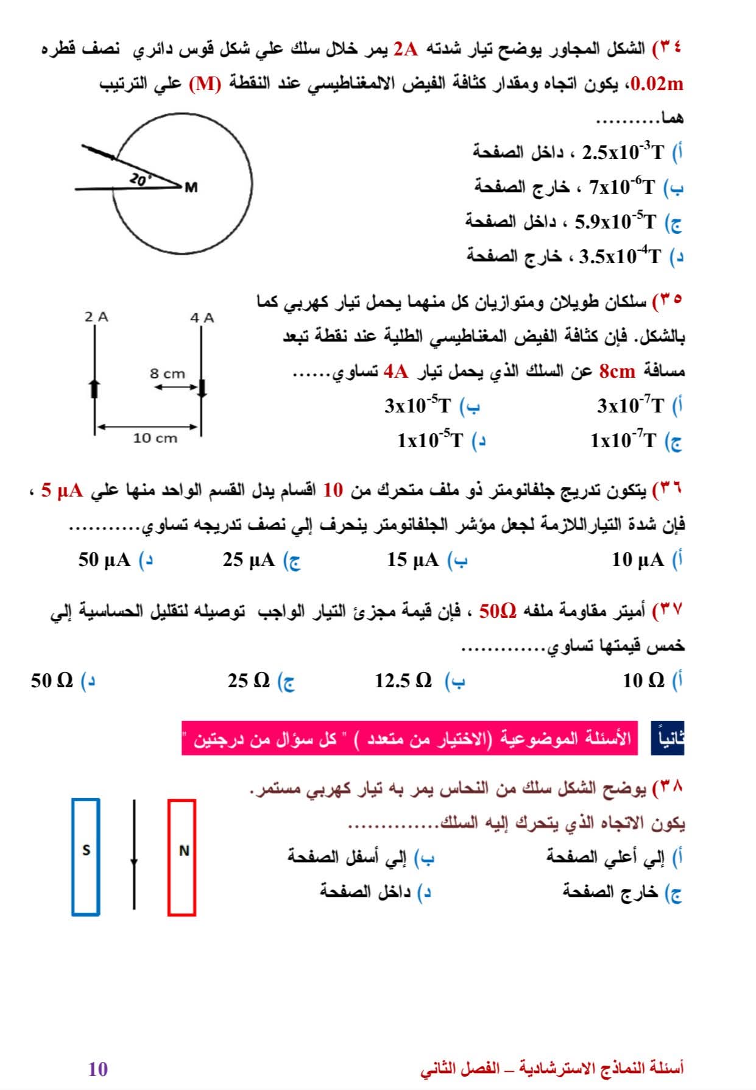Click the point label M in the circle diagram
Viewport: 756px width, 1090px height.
[191, 187]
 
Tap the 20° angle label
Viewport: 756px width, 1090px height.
[139, 179]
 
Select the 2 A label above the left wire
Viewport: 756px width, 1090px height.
[96, 317]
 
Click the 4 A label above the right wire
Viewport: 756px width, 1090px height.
[202, 318]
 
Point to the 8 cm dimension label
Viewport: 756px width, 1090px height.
[168, 373]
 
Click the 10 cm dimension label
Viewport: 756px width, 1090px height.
[155, 438]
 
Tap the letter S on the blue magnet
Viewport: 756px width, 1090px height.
[86, 850]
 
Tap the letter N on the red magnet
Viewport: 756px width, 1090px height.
[183, 851]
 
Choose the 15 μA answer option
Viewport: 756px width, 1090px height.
[413, 560]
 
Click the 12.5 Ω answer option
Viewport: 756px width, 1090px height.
[403, 681]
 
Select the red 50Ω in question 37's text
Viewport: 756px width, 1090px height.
[498, 610]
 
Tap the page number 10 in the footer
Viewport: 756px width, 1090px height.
[98, 1069]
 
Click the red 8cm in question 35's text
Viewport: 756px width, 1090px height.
[617, 370]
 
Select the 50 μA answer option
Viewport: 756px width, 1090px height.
[104, 560]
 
